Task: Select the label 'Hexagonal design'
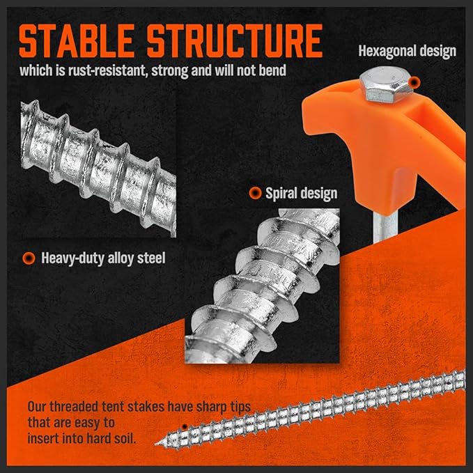pos(407,50)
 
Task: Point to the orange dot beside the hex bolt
pos(414,83)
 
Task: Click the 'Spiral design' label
pos(301,193)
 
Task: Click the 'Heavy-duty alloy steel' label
pos(103,258)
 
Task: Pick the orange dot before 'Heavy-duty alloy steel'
pos(29,258)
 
